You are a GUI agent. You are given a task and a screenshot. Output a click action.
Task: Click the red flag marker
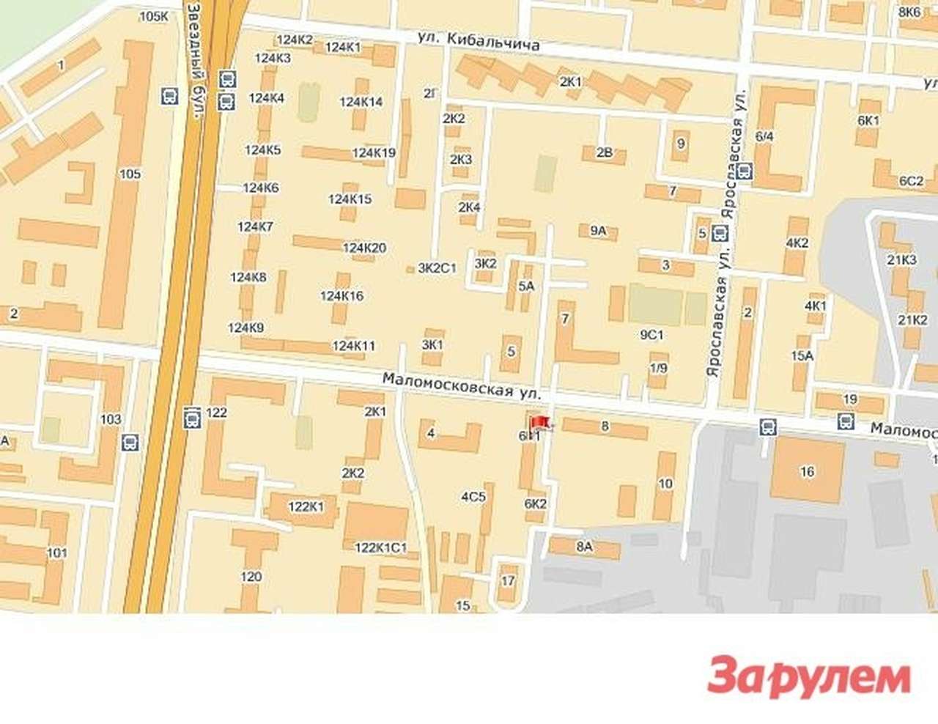point(539,423)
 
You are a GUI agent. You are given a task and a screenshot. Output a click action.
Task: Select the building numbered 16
point(807,471)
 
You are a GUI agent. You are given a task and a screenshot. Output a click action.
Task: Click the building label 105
point(130,174)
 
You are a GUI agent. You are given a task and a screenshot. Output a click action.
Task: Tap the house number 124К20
point(364,248)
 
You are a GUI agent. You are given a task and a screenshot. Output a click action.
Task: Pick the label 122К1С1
point(380,547)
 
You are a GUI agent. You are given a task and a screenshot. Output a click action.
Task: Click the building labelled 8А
point(584,546)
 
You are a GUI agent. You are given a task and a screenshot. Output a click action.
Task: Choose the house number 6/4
point(765,136)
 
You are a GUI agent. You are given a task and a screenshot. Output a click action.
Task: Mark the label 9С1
point(651,335)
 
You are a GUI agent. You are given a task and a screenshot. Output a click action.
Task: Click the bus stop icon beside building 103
point(130,442)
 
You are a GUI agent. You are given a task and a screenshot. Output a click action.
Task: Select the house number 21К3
point(901,259)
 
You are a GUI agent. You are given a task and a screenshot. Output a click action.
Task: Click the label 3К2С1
point(437,268)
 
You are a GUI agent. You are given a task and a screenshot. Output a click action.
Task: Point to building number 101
point(57,553)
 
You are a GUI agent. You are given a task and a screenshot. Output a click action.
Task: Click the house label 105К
point(153,16)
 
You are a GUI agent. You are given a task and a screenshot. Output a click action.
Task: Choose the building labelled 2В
point(604,152)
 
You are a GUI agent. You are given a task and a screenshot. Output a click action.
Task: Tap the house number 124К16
point(341,296)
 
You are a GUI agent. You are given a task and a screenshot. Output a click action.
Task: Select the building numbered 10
point(665,483)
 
